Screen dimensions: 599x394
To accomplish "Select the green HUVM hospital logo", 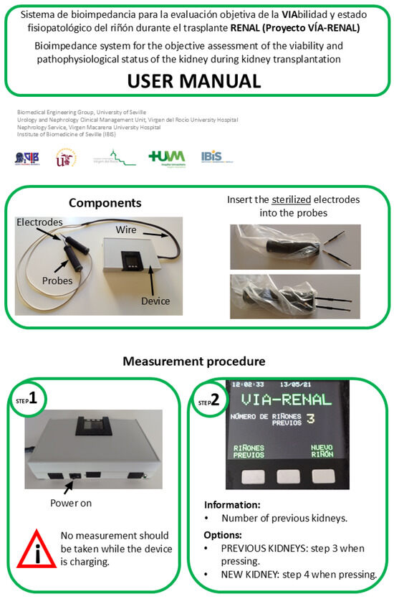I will [x=166, y=157].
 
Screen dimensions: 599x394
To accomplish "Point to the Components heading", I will [x=105, y=203].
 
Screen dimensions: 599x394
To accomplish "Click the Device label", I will [x=155, y=301].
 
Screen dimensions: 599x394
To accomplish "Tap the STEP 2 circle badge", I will [x=210, y=402].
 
